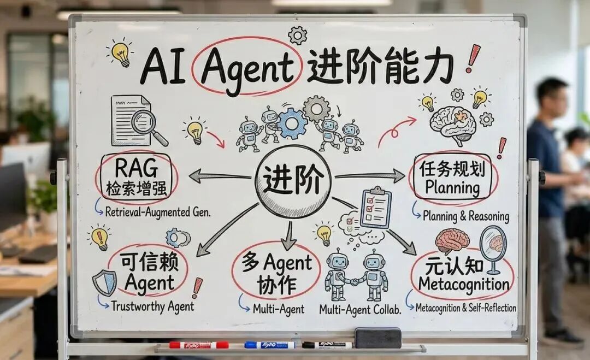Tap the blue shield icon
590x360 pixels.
[104, 282]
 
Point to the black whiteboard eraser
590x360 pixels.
[377, 338]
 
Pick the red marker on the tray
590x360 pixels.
[199, 345]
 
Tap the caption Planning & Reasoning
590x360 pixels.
[465, 216]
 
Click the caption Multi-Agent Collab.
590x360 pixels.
[361, 309]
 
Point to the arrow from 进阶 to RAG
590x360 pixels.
[219, 176]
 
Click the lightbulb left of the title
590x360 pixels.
[120, 53]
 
